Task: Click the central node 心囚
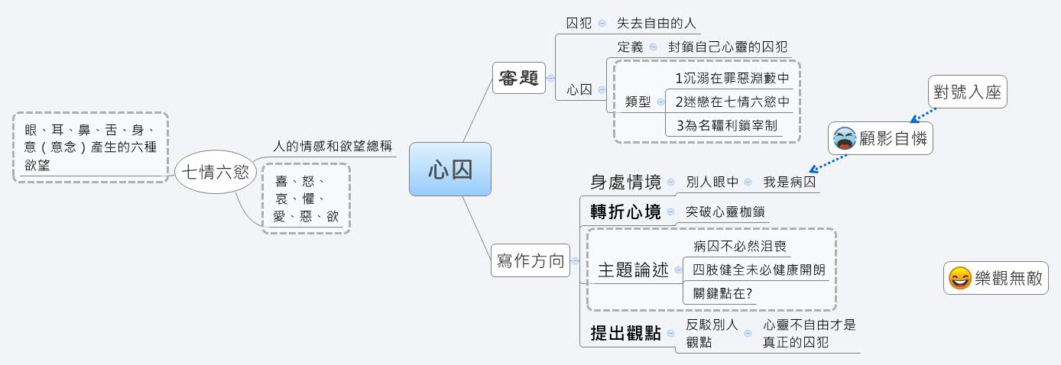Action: (x=449, y=169)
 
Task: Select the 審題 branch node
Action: (x=518, y=78)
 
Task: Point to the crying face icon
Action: (x=845, y=139)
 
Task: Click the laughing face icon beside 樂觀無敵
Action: (x=959, y=279)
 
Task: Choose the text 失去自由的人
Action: (x=657, y=23)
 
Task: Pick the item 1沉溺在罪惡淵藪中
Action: (x=732, y=78)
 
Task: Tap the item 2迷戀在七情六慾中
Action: (x=732, y=102)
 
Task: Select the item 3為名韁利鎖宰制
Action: (x=726, y=125)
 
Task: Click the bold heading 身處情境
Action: (x=625, y=182)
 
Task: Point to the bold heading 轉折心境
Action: (x=625, y=212)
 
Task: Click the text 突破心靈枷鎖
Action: (x=725, y=212)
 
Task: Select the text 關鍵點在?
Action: (x=722, y=293)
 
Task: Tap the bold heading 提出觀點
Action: (x=625, y=334)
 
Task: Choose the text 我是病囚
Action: (x=790, y=182)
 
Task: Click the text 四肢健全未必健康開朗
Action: (x=758, y=270)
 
